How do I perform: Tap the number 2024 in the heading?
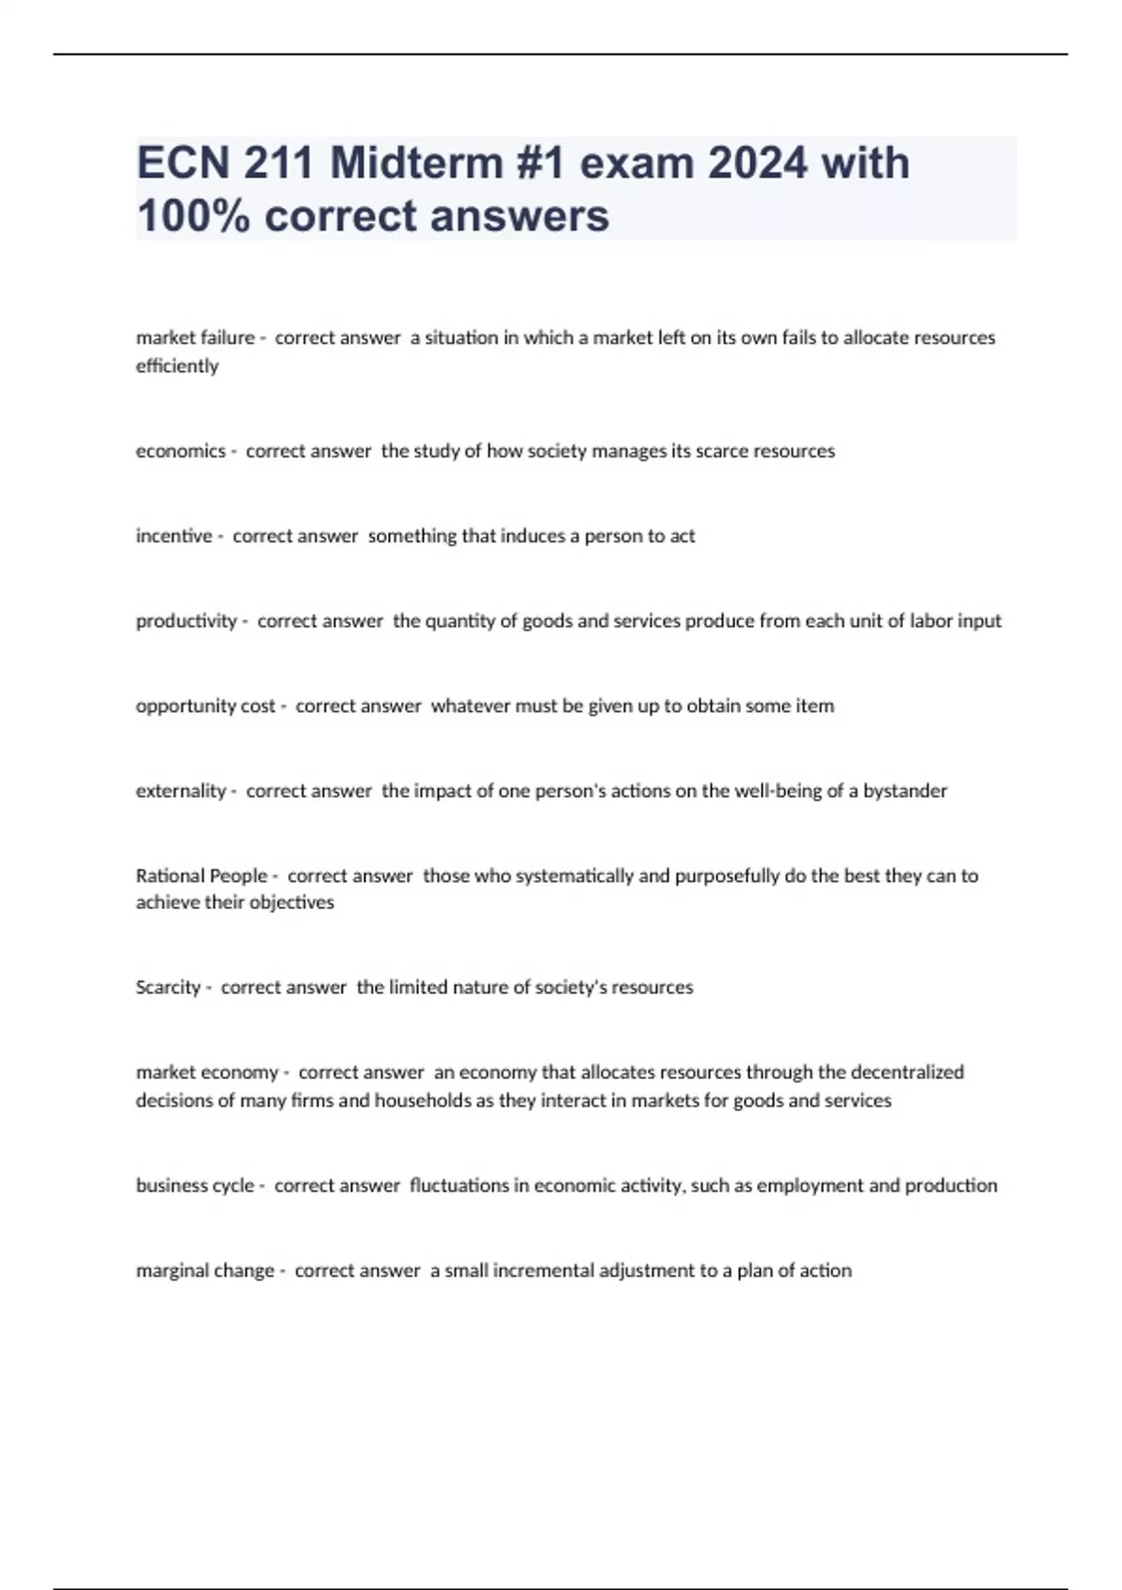pos(757,164)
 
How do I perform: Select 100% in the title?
pos(193,216)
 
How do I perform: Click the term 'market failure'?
pos(194,338)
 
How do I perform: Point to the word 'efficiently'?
pos(177,366)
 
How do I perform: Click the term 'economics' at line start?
pos(180,451)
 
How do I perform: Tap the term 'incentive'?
pos(174,536)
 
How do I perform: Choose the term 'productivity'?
pos(186,621)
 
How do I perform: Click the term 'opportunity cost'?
pos(206,706)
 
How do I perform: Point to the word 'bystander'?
pos(904,791)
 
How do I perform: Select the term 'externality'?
pos(180,791)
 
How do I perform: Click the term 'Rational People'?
pos(201,876)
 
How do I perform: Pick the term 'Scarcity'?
pos(167,988)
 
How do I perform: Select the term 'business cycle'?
pos(194,1186)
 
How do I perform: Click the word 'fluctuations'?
pos(461,1186)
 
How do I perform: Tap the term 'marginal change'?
pos(205,1271)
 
